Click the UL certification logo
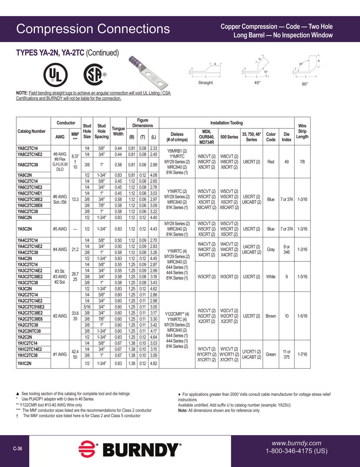pyautogui.click(x=56, y=75)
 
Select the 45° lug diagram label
pyautogui.click(x=257, y=83)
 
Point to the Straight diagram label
pyautogui.click(x=205, y=83)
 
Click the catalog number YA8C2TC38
pyautogui.click(x=28, y=165)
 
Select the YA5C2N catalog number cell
pyautogui.click(x=25, y=229)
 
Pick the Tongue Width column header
pyautogui.click(x=118, y=131)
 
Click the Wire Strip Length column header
pyautogui.click(x=302, y=131)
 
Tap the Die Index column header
pyautogui.click(x=286, y=137)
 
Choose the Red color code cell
pyautogui.click(x=271, y=162)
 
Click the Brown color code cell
pyautogui.click(x=271, y=316)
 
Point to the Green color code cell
pyautogui.click(x=271, y=354)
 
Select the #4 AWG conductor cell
pyautogui.click(x=60, y=249)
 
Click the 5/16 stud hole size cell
pyautogui.click(x=87, y=307)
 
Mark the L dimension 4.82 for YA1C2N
pyautogui.click(x=153, y=364)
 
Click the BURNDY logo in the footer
pyautogui.click(x=130, y=449)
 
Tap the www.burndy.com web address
pyautogui.click(x=296, y=443)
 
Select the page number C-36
pyautogui.click(x=18, y=449)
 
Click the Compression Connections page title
pyautogui.click(x=93, y=29)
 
